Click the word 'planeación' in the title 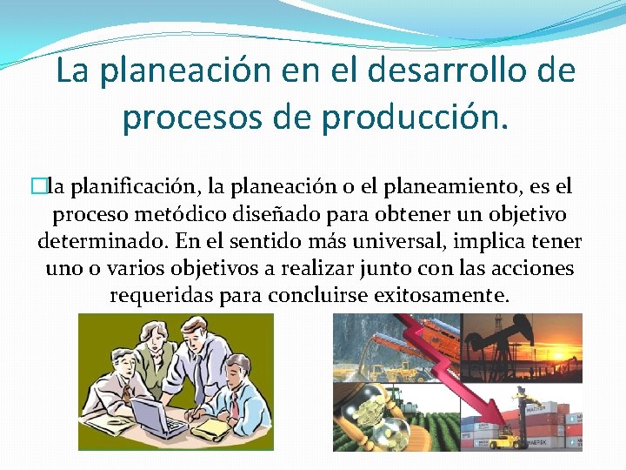185,71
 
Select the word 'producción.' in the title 417,117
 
